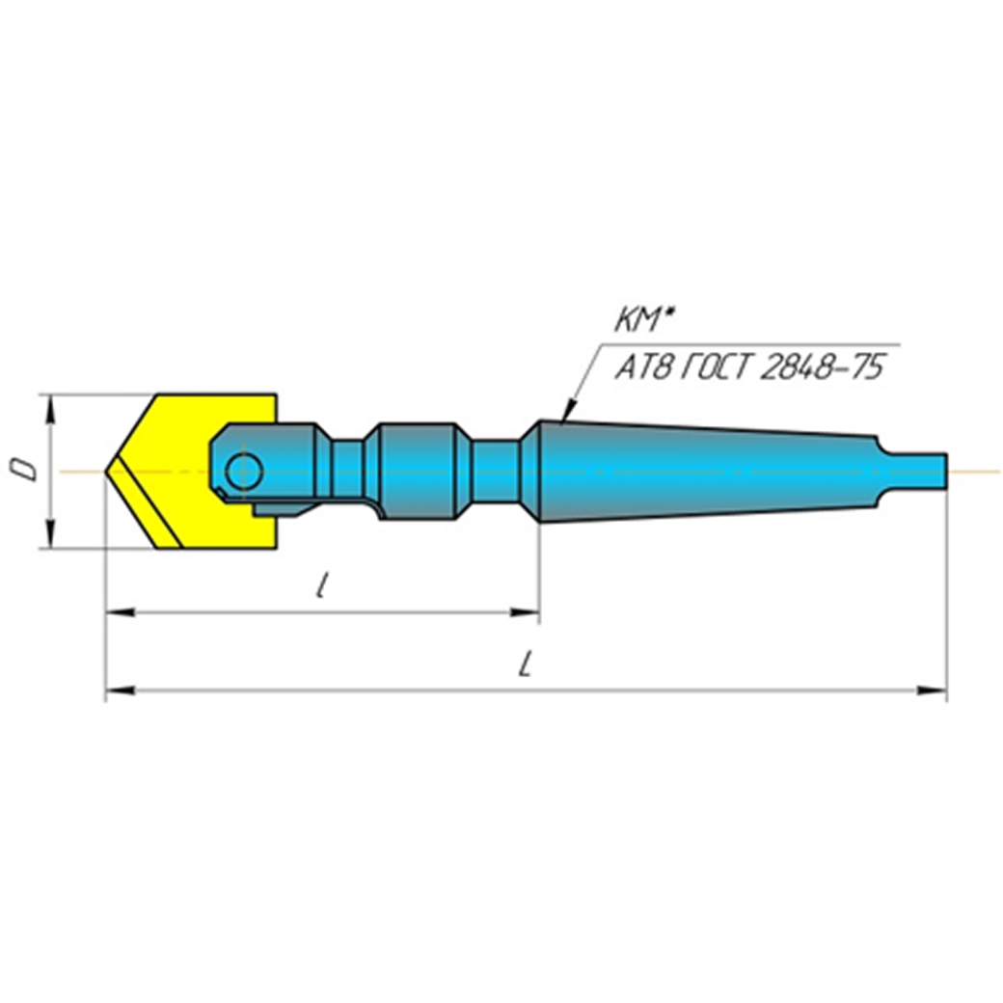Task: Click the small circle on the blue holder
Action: (244, 471)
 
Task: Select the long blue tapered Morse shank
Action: (704, 471)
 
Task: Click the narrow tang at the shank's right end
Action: (926, 470)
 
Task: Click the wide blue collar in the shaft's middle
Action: (415, 471)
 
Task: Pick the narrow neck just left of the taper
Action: (496, 471)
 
